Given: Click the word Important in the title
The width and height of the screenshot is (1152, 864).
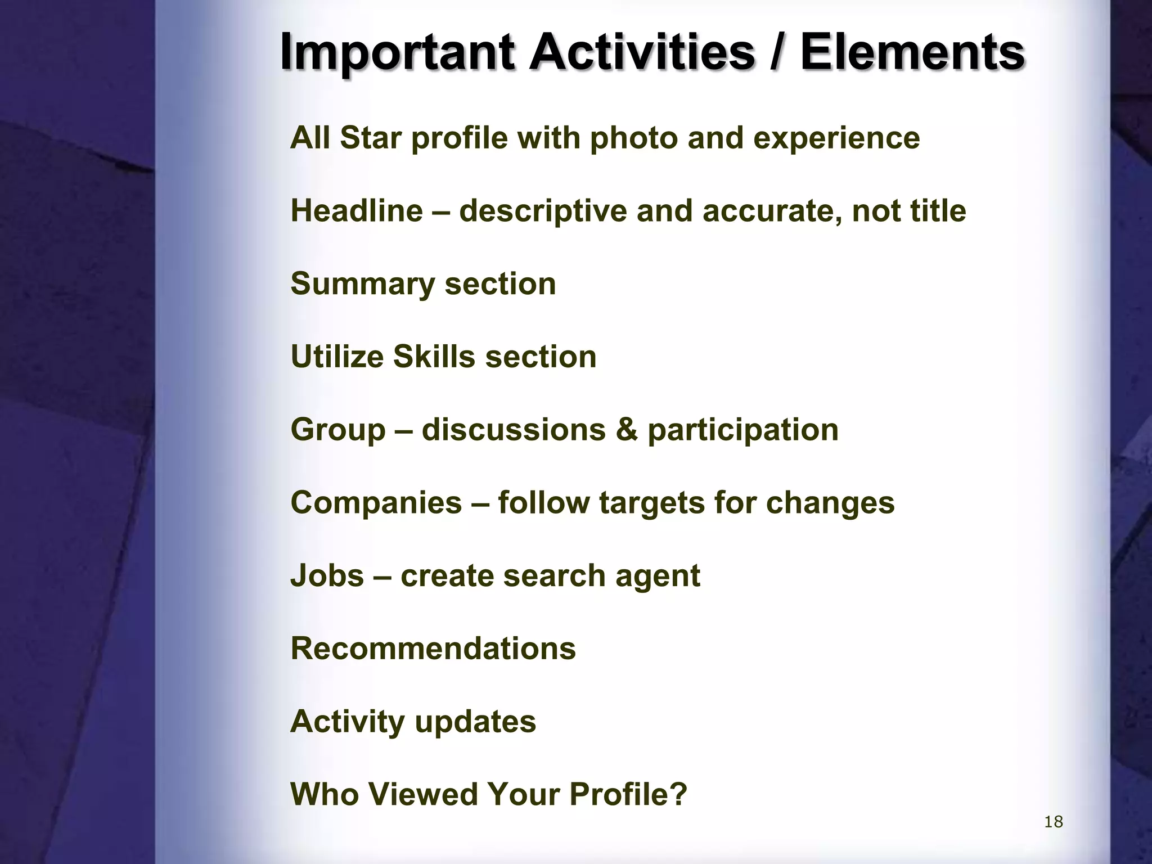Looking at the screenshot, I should [397, 53].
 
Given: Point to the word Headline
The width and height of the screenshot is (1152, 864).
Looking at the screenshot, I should [357, 211].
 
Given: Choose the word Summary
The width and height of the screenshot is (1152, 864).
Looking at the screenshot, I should [363, 284].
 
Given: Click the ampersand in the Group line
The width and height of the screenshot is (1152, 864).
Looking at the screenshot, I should [627, 430].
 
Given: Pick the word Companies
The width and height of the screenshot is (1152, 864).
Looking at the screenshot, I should [376, 502].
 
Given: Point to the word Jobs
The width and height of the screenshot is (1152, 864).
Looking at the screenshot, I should [327, 575].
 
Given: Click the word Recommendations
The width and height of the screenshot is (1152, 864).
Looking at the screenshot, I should [433, 649].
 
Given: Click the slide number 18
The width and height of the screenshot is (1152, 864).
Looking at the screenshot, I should [1053, 822].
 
